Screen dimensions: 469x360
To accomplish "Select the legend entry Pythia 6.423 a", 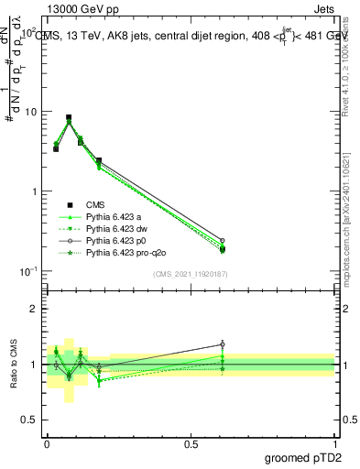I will point(115,217).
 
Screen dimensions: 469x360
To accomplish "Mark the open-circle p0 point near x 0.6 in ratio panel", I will point(222,344).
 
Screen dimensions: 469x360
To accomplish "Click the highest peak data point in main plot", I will point(69,117).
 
